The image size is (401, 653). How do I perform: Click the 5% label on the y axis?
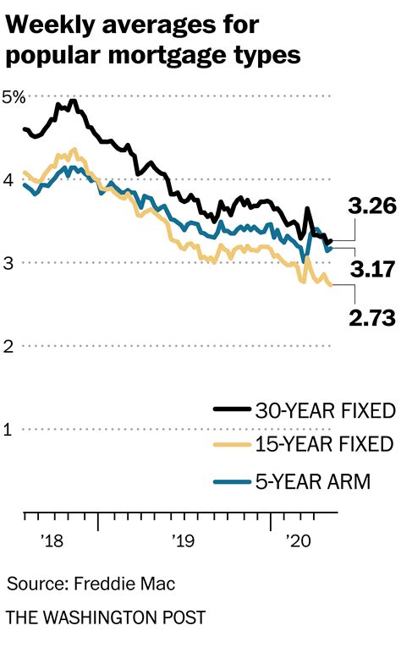15,96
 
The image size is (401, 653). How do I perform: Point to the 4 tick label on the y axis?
8,179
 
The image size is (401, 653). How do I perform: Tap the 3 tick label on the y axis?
8,263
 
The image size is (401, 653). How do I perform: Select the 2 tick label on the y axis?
8,346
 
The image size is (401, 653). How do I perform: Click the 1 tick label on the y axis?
8,429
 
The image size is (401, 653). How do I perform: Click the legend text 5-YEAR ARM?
312,481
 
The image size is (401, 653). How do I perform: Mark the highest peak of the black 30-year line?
73,102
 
